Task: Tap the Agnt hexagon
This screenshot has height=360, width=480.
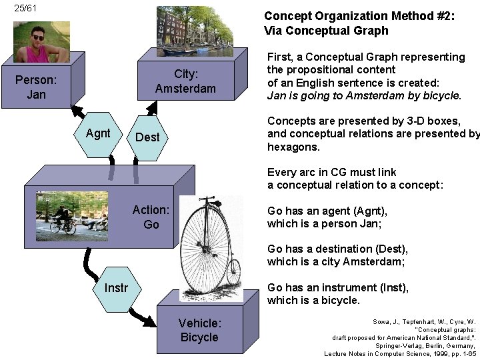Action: (98, 133)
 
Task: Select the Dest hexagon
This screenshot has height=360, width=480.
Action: (147, 137)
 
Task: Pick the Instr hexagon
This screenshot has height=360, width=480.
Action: (116, 288)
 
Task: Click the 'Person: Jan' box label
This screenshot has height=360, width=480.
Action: (36, 87)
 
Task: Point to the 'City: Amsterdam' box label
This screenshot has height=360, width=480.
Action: (185, 81)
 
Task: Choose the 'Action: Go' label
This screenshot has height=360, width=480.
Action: (151, 217)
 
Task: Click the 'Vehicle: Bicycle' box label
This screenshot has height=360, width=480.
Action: (199, 330)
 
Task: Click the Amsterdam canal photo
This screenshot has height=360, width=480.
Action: (194, 31)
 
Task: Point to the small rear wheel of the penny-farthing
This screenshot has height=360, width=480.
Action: (233, 271)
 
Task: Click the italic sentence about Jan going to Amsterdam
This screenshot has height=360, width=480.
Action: (364, 95)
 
